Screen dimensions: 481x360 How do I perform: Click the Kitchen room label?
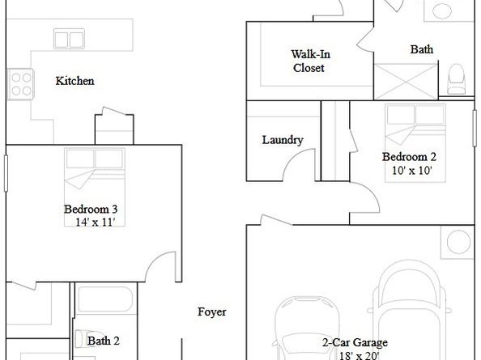(x=74, y=81)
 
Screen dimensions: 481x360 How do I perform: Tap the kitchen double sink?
(x=69, y=39)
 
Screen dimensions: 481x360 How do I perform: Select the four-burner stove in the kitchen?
(x=20, y=84)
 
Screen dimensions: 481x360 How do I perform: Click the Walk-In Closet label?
(x=310, y=61)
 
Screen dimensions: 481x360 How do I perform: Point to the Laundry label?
(x=283, y=140)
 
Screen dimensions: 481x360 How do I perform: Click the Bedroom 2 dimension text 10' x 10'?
(x=412, y=171)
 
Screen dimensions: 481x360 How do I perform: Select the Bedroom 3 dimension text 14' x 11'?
(x=95, y=222)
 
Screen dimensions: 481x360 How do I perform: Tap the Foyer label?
(x=212, y=312)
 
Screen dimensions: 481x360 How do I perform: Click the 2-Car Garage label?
(x=355, y=342)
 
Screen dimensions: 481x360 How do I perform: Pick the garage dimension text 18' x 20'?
(x=359, y=356)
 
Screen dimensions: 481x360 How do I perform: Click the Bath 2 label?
(x=104, y=341)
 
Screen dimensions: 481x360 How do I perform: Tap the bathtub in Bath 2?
(x=105, y=299)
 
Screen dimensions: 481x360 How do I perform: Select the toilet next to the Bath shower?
(x=456, y=79)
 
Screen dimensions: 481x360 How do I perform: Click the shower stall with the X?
(x=406, y=82)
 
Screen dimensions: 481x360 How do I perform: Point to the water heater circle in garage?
(x=458, y=242)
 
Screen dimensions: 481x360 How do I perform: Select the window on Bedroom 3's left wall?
(x=6, y=173)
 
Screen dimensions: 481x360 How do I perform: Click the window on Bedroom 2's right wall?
(x=475, y=128)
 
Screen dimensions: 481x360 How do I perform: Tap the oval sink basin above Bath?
(x=442, y=11)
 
